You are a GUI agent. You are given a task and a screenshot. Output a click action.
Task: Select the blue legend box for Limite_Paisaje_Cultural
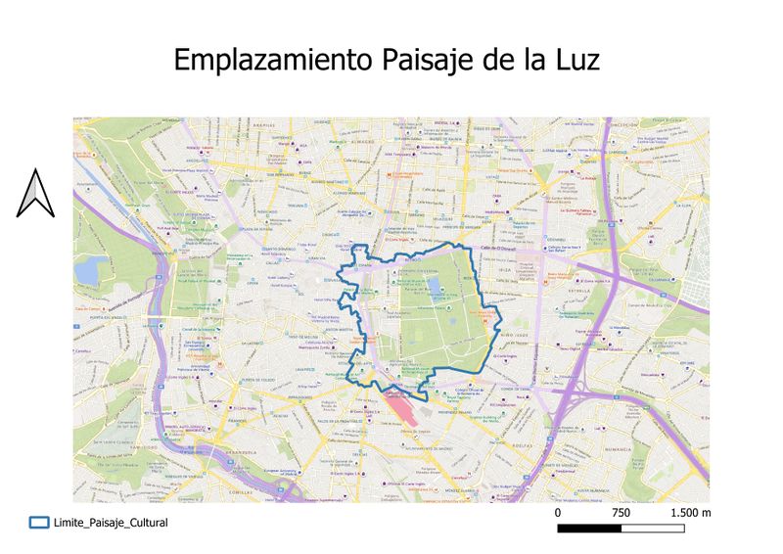39,524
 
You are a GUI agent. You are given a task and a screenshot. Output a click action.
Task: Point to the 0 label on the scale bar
558,513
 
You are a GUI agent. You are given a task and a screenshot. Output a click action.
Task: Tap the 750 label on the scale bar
621,513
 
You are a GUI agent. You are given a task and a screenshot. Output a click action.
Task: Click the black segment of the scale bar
589,529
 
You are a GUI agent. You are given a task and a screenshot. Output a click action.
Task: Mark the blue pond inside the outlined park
434,289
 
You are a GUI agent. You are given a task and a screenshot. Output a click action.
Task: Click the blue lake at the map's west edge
90,269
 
